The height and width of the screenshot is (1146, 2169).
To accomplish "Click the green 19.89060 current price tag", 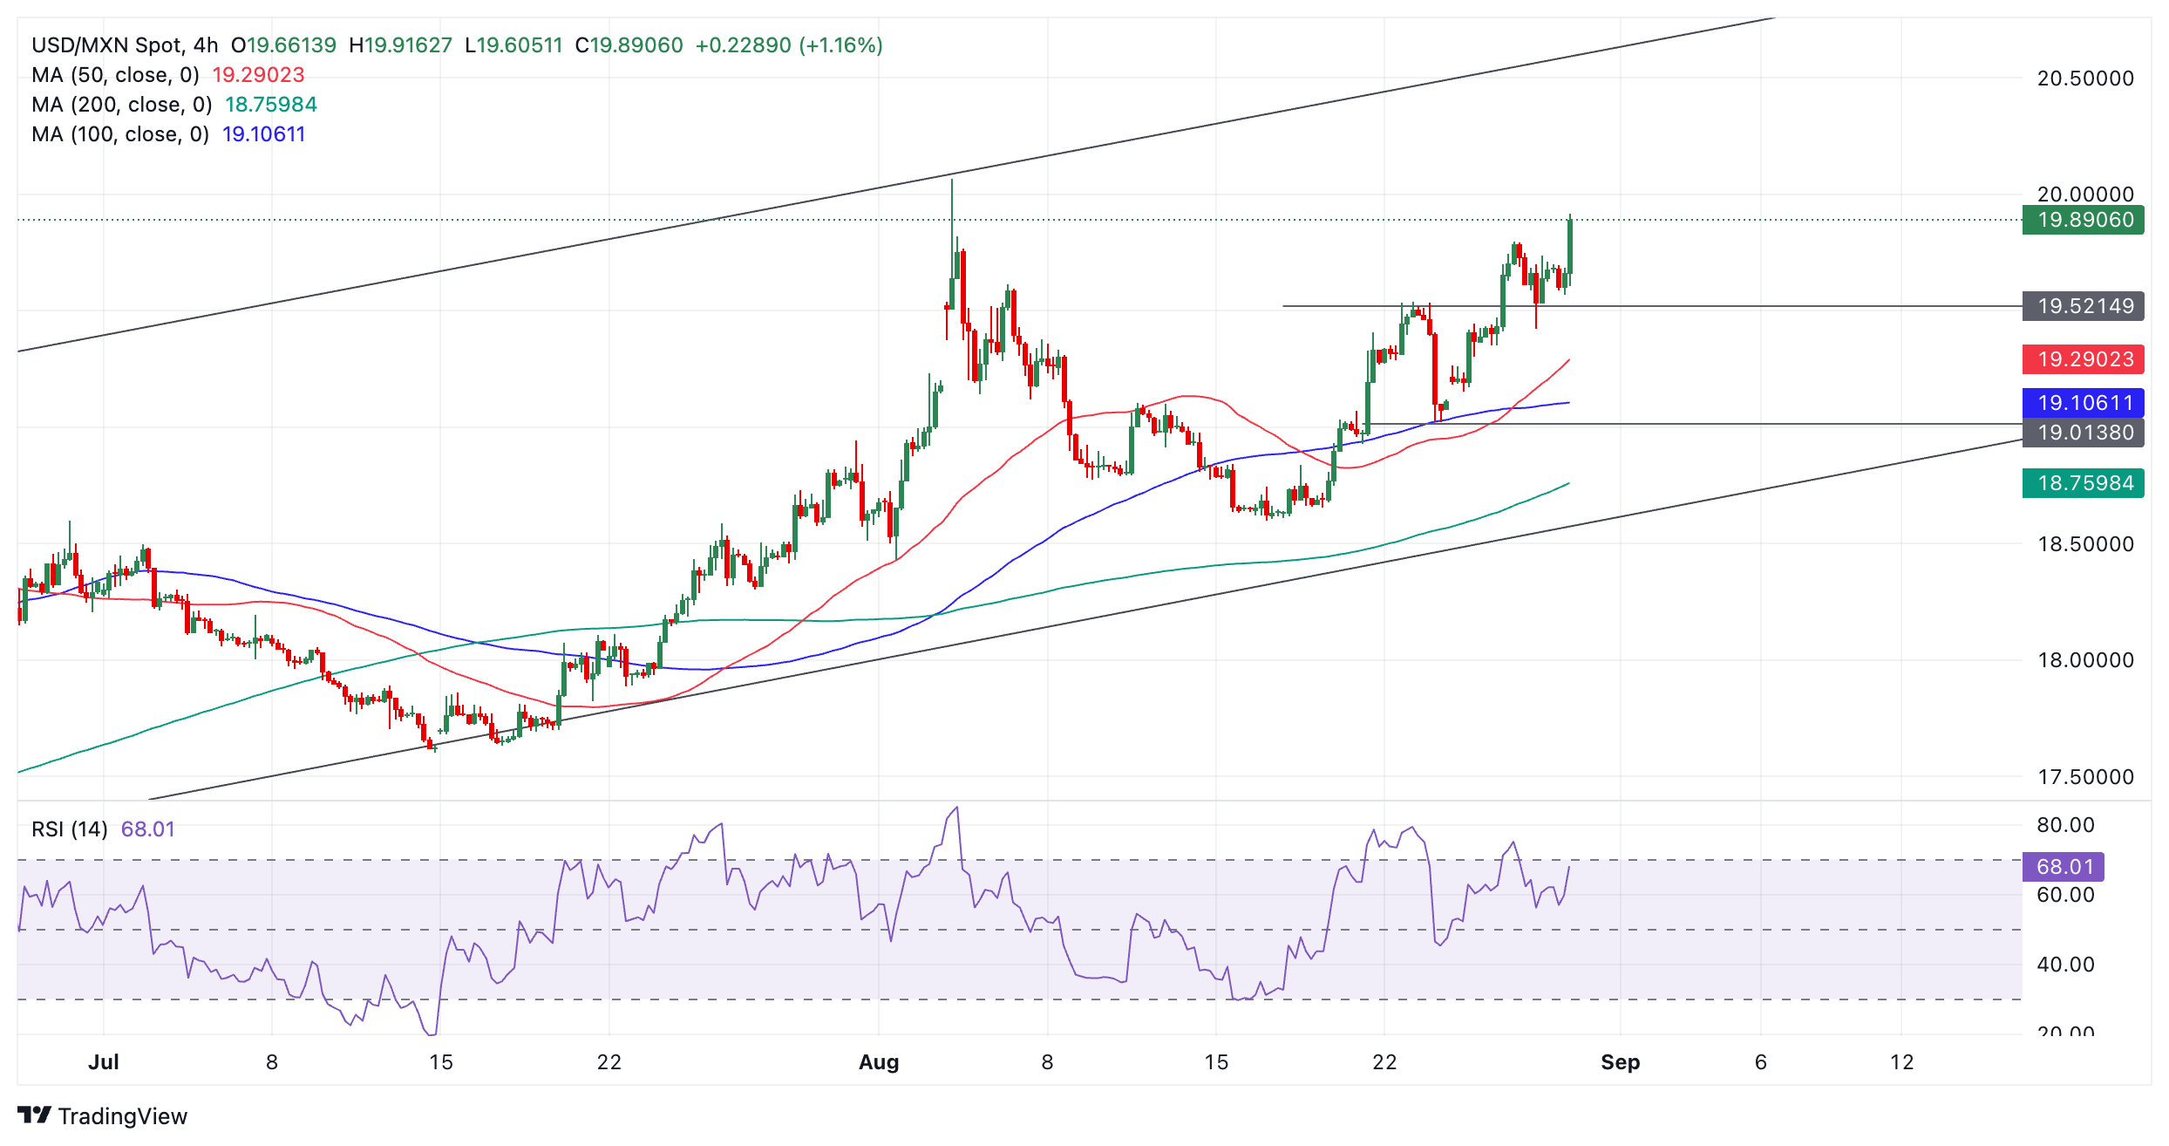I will (2084, 220).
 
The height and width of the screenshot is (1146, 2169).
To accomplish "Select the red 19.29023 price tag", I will (2084, 359).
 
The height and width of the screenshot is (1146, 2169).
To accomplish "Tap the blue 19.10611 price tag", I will (2084, 403).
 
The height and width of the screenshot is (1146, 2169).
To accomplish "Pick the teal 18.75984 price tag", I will (2084, 483).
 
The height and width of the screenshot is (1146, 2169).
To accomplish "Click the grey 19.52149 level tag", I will (2084, 306).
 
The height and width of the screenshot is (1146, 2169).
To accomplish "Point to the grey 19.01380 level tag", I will (2084, 433).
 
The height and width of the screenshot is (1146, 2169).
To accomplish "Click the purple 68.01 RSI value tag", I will (2064, 867).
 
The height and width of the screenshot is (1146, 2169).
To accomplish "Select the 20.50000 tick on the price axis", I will (2085, 78).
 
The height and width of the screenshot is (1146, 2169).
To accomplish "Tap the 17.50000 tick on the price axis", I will (2085, 777).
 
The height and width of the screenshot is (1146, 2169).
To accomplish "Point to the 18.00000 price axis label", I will (2085, 660).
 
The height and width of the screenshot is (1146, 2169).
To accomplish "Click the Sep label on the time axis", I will (1620, 1062).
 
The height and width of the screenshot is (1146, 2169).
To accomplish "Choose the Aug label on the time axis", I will (879, 1062).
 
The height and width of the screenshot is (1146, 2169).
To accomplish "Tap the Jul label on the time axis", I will (104, 1062).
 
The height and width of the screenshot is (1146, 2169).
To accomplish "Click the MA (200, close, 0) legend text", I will (122, 105).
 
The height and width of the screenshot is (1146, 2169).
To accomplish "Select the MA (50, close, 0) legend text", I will (115, 75).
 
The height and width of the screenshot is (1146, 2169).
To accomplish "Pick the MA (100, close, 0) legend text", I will (120, 134).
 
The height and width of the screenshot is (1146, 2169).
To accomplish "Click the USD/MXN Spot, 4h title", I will (125, 45).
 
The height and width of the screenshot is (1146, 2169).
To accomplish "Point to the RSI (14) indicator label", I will (70, 829).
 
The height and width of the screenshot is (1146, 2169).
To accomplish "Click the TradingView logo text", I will (122, 1116).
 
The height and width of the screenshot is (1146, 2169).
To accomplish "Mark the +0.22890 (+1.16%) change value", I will (789, 45).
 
